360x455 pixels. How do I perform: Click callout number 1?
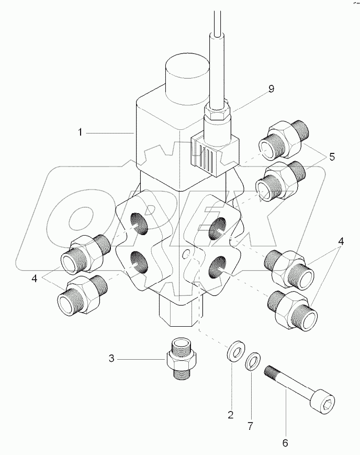[80, 133]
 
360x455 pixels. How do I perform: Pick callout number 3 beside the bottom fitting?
[111, 359]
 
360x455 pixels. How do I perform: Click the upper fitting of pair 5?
[283, 140]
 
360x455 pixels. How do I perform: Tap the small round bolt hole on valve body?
[184, 255]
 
